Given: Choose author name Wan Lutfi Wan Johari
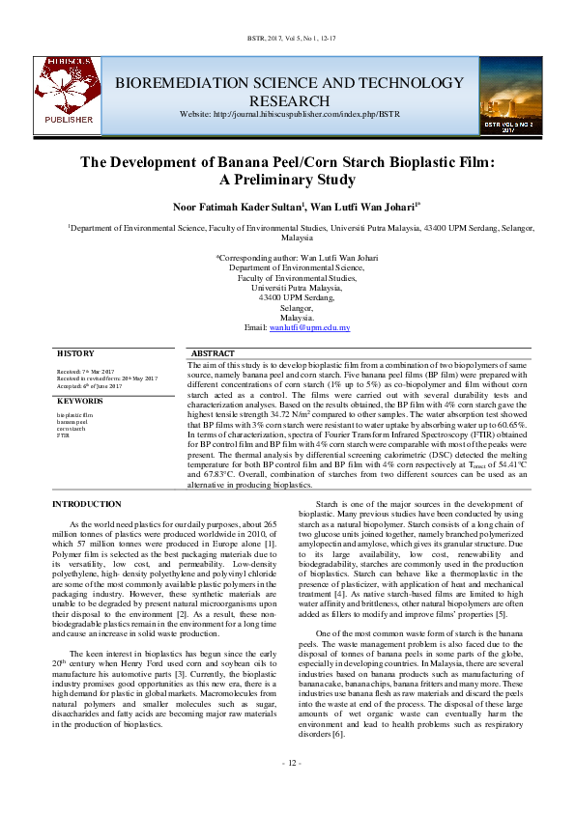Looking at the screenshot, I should click(365, 207).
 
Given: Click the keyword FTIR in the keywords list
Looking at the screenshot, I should click(64, 436).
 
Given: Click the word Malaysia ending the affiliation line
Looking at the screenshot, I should click(297, 237).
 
